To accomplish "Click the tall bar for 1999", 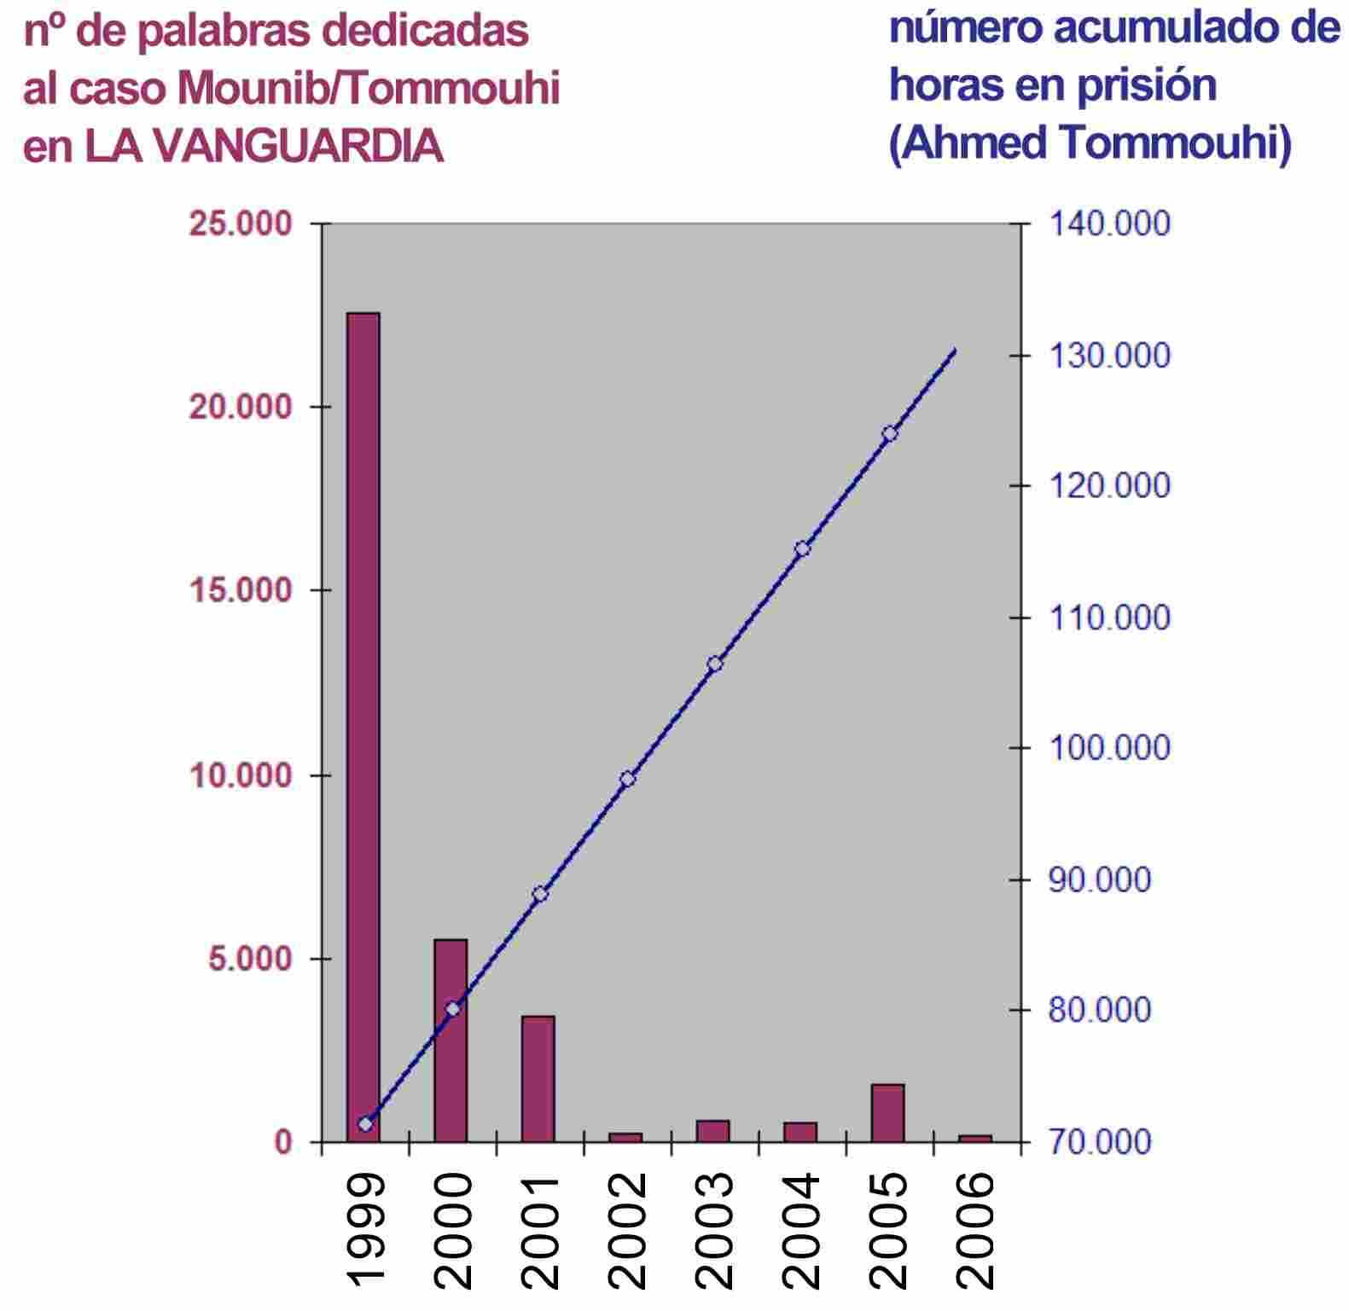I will pyautogui.click(x=363, y=725).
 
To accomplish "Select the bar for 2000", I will pyautogui.click(x=451, y=1041).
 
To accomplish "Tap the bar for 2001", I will pyautogui.click(x=538, y=1078).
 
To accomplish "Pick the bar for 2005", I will pyautogui.click(x=888, y=1112).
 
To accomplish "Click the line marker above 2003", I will pyautogui.click(x=715, y=664).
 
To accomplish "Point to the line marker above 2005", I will pyautogui.click(x=890, y=433).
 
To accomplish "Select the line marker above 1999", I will pyautogui.click(x=366, y=1123).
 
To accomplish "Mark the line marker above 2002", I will pyautogui.click(x=628, y=779).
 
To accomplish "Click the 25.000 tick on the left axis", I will pyautogui.click(x=241, y=224).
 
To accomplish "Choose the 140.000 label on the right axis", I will pyautogui.click(x=1108, y=224).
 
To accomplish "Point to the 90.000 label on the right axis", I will pyautogui.click(x=1099, y=879).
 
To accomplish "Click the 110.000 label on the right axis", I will pyautogui.click(x=1108, y=618).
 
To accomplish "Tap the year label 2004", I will pyautogui.click(x=800, y=1229).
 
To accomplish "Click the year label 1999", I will pyautogui.click(x=364, y=1229).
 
